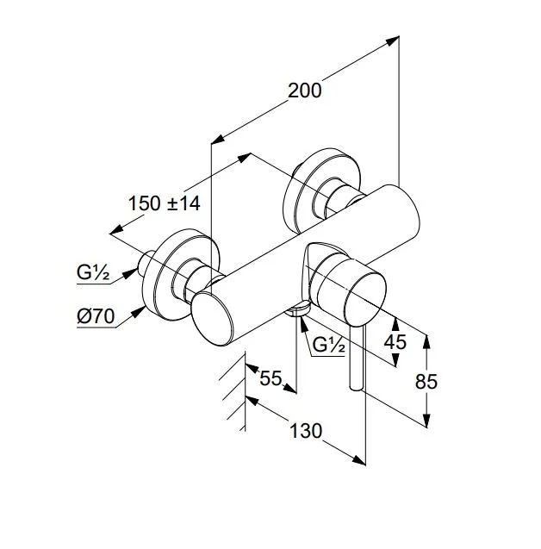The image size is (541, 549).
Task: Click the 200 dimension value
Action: pyautogui.click(x=304, y=90)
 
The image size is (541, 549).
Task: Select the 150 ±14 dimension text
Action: pyautogui.click(x=165, y=203)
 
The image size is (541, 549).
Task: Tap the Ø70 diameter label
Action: pyautogui.click(x=96, y=317)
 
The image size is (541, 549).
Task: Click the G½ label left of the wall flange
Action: pyautogui.click(x=93, y=272)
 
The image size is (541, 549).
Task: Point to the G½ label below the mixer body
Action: pyautogui.click(x=328, y=345)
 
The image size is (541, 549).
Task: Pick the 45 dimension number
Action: pyautogui.click(x=395, y=342)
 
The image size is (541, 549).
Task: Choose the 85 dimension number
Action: pyautogui.click(x=426, y=382)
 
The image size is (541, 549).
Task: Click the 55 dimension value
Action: pyautogui.click(x=270, y=378)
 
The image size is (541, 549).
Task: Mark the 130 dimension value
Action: pyautogui.click(x=306, y=431)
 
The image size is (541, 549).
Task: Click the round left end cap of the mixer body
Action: pyautogui.click(x=212, y=319)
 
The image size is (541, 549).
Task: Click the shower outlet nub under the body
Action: pyautogui.click(x=298, y=309)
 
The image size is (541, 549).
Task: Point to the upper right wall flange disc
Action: pyautogui.click(x=323, y=190)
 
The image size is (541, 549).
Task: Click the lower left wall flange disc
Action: pyautogui.click(x=180, y=274)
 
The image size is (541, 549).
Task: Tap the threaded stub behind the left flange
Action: pyautogui.click(x=146, y=262)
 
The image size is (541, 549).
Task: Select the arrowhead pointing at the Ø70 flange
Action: pyautogui.click(x=140, y=310)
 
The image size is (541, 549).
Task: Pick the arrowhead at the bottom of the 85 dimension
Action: pyautogui.click(x=426, y=421)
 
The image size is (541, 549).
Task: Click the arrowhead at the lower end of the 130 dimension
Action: pyautogui.click(x=359, y=460)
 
